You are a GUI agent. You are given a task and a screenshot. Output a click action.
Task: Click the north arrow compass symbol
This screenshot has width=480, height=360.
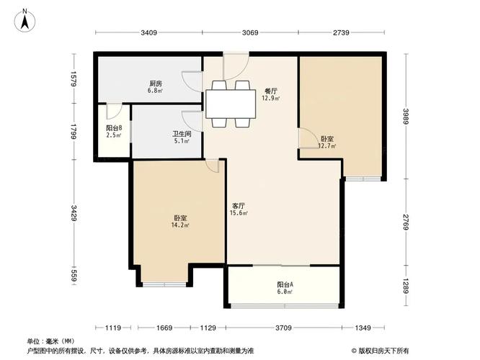coord(25,21)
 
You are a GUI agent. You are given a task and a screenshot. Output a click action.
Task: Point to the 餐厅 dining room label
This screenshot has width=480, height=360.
coord(270,91)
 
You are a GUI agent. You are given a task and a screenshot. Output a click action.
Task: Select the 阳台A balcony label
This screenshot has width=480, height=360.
coord(285,284)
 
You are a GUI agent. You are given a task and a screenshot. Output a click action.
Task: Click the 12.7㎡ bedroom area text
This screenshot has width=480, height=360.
coord(326,146)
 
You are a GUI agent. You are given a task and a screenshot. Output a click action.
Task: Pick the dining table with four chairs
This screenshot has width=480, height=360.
coord(231,104)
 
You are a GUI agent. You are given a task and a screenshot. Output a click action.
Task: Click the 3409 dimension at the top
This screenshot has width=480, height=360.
coord(148,33)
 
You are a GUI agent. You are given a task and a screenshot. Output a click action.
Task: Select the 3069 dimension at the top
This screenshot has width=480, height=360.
coord(250,33)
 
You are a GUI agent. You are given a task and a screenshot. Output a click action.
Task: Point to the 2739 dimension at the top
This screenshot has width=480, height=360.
coord(341,33)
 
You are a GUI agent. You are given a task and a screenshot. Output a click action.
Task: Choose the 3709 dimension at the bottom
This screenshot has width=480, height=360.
coord(283,328)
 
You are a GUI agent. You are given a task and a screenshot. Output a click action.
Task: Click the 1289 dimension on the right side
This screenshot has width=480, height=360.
coord(409,289)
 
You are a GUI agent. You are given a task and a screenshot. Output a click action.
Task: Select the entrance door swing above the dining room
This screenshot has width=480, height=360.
coord(236,66)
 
